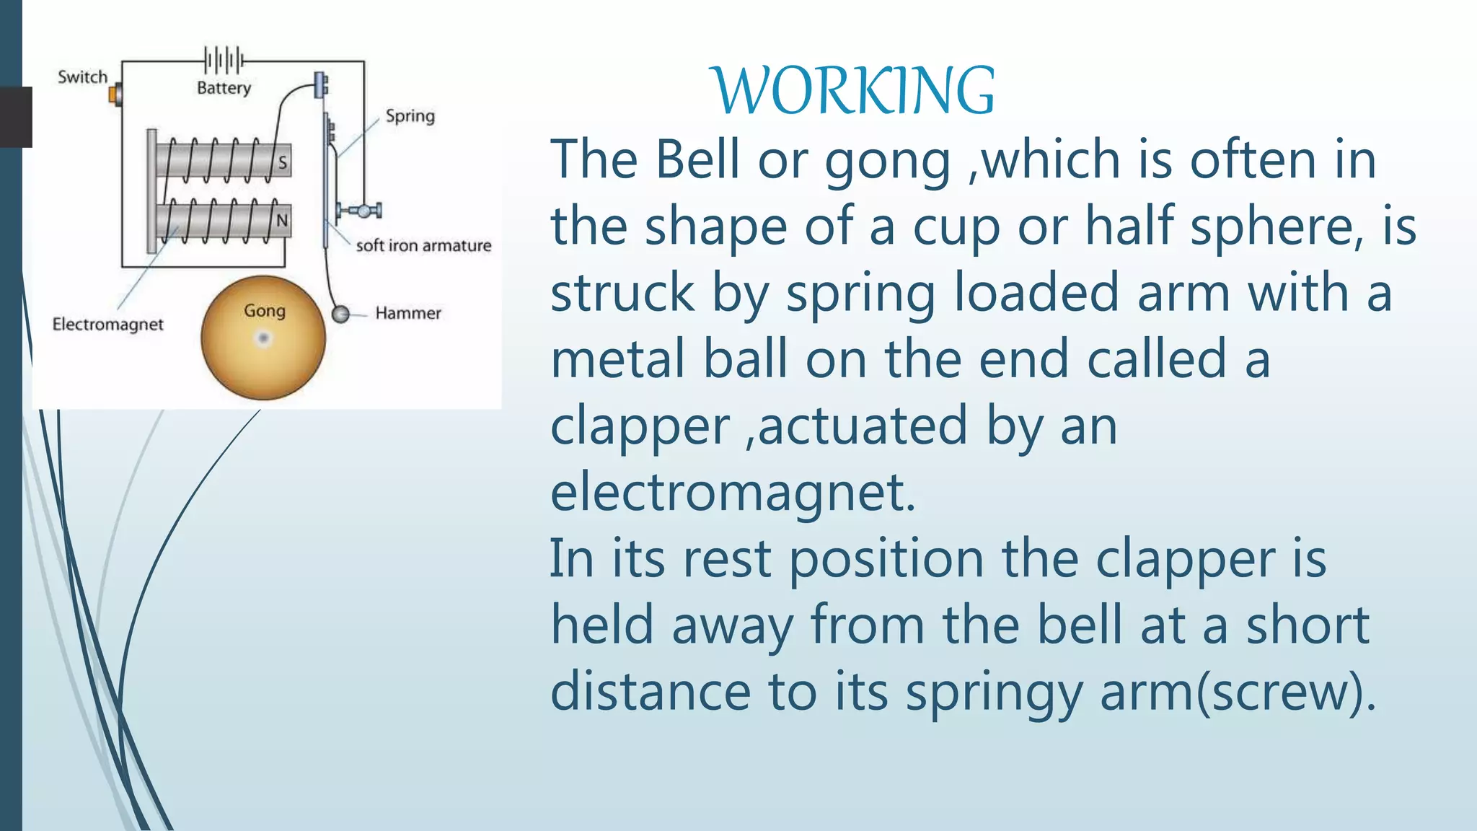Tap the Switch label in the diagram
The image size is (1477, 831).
click(x=82, y=77)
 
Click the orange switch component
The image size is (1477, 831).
click(x=115, y=94)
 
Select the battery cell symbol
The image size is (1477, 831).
click(x=224, y=60)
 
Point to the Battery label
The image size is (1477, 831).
click(x=224, y=88)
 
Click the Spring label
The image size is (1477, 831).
click(x=410, y=116)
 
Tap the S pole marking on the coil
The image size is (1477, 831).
click(x=283, y=162)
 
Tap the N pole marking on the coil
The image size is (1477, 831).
click(x=282, y=220)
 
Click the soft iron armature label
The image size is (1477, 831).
click(x=423, y=246)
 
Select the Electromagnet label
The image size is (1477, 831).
click(x=107, y=325)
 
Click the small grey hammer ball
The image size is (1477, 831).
click(x=340, y=314)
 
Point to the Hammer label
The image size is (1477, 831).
click(x=407, y=313)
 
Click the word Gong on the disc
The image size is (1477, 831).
click(x=264, y=311)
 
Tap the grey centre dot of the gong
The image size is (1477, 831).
click(x=263, y=338)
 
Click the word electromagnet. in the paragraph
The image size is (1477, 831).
click(x=733, y=493)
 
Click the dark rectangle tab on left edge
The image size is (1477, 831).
click(x=16, y=117)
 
